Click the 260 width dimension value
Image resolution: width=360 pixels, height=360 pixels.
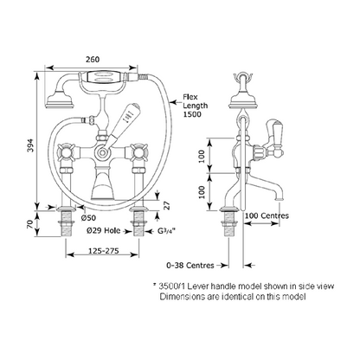click(x=93, y=60)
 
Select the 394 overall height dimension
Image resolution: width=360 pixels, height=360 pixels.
click(x=30, y=145)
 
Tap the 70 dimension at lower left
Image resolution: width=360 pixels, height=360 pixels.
click(x=30, y=224)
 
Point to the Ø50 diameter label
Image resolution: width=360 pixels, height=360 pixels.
click(x=88, y=218)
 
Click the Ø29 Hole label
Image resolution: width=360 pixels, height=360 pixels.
click(x=103, y=230)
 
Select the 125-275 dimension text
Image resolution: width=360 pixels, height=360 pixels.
click(x=103, y=251)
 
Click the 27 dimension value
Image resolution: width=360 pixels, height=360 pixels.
click(x=166, y=205)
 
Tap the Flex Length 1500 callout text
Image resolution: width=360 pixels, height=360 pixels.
click(x=195, y=106)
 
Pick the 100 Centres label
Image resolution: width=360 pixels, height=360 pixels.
click(x=267, y=215)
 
